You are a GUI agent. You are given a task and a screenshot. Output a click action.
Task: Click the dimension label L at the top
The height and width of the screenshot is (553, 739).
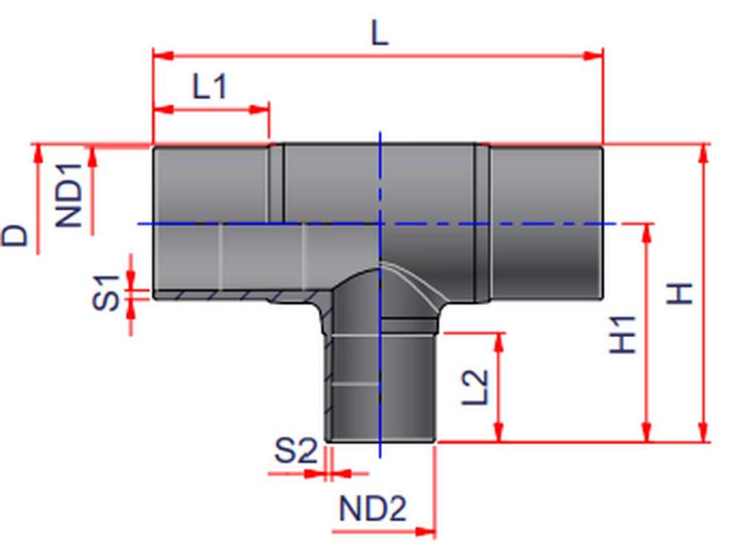pos(378,33)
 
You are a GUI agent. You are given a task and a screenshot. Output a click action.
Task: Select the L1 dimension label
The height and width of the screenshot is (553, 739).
pos(209,88)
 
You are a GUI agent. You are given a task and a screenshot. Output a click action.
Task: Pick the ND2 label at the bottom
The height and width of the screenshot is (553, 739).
pos(372,509)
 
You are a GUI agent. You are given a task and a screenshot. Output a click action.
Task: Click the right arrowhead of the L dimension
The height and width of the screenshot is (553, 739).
pos(594,55)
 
